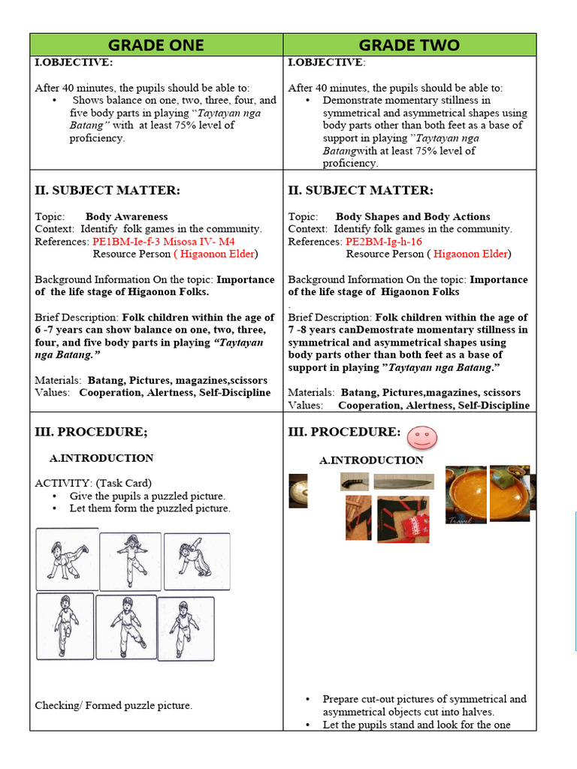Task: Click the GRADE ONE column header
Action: [x=156, y=45]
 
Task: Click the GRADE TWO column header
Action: [x=409, y=45]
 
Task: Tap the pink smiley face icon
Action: [x=423, y=436]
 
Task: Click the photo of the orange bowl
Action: [x=466, y=494]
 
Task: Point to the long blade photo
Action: [x=403, y=482]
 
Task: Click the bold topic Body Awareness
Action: [x=126, y=216]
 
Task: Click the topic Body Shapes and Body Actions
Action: [x=412, y=216]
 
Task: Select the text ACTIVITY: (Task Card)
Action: [x=93, y=483]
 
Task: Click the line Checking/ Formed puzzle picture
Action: [x=113, y=705]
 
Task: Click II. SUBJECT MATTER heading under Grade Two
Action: [x=361, y=191]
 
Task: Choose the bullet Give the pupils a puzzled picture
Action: [x=147, y=496]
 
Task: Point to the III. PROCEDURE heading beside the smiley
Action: [x=344, y=432]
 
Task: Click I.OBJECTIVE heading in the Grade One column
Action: [x=74, y=62]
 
